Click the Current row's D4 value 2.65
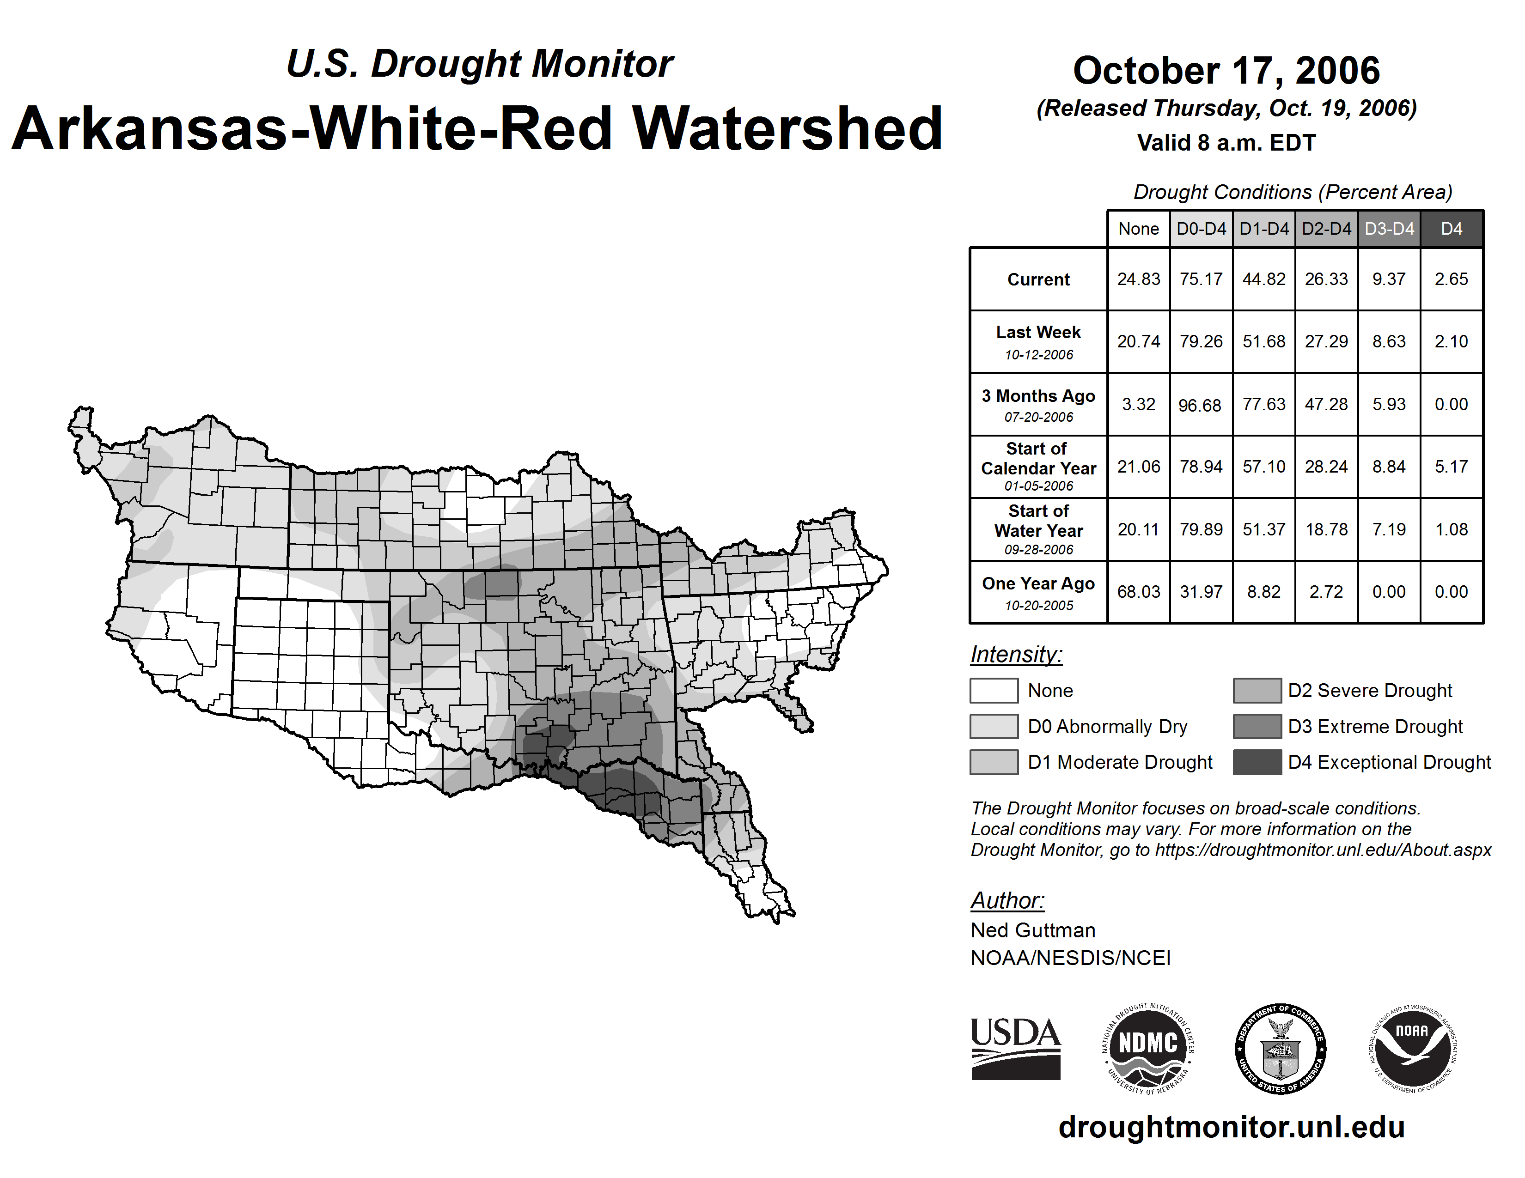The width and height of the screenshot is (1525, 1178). (1451, 279)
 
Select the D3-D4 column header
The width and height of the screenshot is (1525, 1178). (1389, 229)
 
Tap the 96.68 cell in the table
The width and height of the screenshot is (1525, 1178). (1200, 405)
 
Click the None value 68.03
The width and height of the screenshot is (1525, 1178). (1138, 592)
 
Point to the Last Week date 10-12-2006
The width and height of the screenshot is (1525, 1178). (1038, 354)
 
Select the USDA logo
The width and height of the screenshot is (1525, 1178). (1015, 1048)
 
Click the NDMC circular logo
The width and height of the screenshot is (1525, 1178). (1148, 1048)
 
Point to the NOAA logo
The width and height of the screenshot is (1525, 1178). (1412, 1048)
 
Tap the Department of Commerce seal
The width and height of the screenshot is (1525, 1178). (1280, 1048)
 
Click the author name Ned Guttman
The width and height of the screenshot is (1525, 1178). (1033, 930)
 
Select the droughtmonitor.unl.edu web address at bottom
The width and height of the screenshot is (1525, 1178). (1231, 1127)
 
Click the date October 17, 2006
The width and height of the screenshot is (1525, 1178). (1226, 71)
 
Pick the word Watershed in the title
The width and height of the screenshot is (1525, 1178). (787, 129)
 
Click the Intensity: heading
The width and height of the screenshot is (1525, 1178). (1016, 655)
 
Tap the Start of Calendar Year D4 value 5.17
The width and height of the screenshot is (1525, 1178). (1451, 466)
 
